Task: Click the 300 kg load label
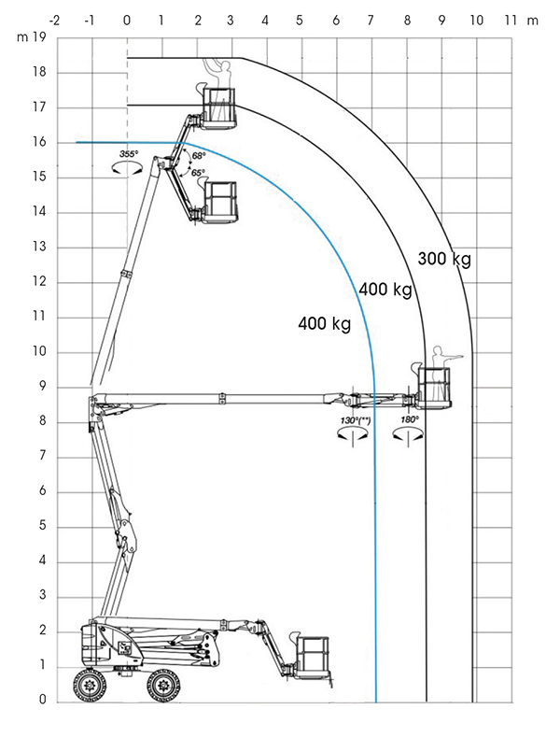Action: pos(444,259)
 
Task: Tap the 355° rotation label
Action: pos(129,154)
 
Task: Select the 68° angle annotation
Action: pos(199,156)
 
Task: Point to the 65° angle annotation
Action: pos(198,173)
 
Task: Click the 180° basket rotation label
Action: pos(410,419)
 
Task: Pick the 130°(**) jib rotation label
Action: pos(356,420)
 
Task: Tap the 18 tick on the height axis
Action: pos(39,72)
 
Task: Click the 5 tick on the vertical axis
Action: pos(43,526)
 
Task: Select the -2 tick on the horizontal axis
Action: pos(54,21)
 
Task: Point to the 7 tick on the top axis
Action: pos(371,21)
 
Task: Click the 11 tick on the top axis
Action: pos(511,21)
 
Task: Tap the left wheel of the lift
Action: pos(90,685)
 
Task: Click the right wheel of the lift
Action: pos(163,686)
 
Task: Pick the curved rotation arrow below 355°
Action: pos(127,169)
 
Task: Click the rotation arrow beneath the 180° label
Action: pos(408,435)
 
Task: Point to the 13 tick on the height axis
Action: pos(39,247)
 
